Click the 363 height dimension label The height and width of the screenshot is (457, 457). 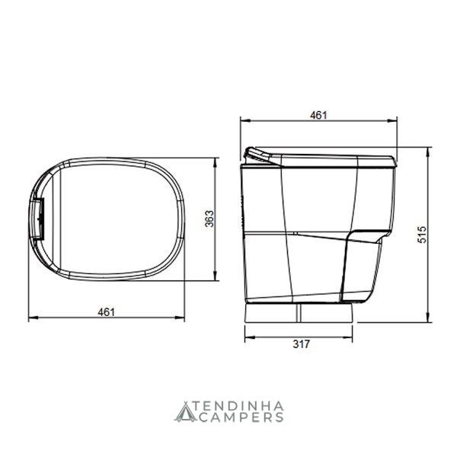tap(209, 219)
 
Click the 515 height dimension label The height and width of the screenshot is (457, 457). tap(422, 235)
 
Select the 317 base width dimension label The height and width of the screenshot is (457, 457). tap(301, 344)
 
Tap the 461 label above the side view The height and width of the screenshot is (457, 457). tap(318, 116)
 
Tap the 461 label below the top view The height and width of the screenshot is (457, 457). tap(107, 312)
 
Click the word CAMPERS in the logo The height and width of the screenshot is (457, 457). tap(242, 417)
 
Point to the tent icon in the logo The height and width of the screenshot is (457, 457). tap(184, 412)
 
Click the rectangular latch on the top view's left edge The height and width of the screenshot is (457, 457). tap(38, 219)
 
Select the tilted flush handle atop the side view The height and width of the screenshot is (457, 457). tap(257, 154)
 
